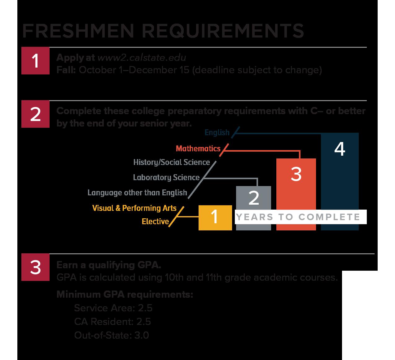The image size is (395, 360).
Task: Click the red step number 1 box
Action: click(35, 61)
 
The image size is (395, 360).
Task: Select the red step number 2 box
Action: click(35, 114)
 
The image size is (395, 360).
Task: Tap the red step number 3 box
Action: click(35, 267)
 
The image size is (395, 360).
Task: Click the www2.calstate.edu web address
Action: click(142, 58)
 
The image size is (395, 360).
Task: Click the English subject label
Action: click(217, 133)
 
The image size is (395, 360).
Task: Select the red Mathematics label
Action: click(198, 149)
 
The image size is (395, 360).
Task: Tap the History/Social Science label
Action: click(171, 162)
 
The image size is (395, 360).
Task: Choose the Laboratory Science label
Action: click(166, 177)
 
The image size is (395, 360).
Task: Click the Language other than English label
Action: click(137, 193)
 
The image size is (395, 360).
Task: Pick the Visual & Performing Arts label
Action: click(134, 208)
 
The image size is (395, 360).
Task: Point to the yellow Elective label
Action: click(155, 221)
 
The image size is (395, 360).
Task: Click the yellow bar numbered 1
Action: click(215, 218)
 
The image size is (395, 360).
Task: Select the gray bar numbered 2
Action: click(253, 198)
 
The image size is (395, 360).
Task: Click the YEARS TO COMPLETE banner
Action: click(298, 217)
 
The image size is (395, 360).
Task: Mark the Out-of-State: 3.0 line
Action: click(112, 335)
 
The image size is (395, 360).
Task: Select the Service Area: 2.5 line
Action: click(113, 308)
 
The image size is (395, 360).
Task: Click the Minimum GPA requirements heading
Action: click(125, 294)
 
